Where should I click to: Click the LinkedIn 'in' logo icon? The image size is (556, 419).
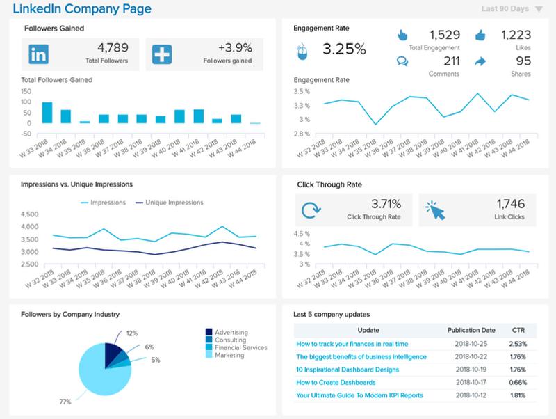40,54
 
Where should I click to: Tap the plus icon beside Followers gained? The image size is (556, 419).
162,54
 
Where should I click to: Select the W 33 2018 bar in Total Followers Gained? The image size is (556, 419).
47,112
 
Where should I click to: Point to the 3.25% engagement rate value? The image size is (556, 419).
343,49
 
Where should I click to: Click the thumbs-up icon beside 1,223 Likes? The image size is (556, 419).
480,34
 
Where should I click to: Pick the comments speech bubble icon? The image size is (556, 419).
402,61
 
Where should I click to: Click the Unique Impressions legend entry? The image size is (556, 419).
171,203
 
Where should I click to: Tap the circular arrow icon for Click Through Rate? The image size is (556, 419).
311,209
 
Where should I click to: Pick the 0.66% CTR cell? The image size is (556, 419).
518,382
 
